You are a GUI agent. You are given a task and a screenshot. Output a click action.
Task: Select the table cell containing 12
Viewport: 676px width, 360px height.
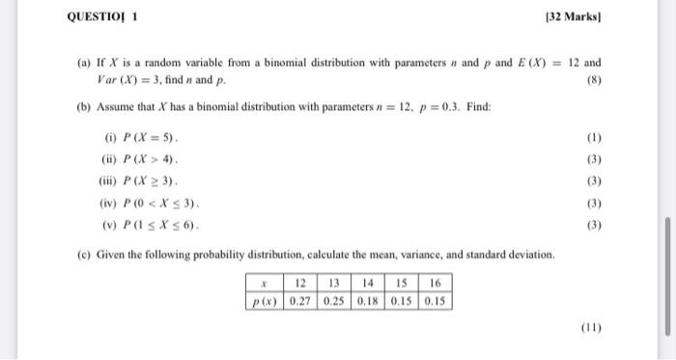point(300,284)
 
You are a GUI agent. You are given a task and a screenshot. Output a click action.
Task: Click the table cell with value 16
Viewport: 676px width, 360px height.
point(435,284)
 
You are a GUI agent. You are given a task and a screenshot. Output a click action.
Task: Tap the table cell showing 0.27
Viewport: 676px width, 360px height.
point(300,300)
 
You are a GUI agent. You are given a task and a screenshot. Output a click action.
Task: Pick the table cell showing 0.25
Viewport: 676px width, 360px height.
point(334,300)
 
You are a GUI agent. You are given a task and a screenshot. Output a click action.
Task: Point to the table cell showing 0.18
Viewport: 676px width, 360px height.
point(368,300)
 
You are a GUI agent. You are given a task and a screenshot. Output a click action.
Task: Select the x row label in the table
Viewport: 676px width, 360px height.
point(262,284)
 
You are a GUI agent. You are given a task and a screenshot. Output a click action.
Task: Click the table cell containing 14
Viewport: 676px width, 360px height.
point(368,284)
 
